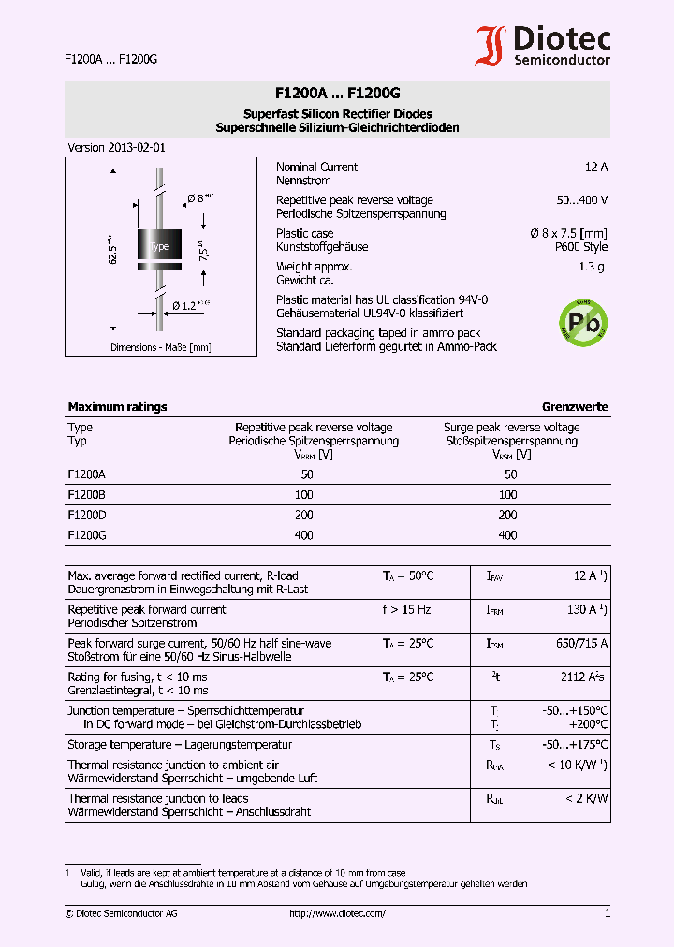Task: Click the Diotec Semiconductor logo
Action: [x=543, y=45]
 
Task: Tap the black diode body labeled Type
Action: [x=159, y=246]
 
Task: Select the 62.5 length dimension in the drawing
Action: [x=111, y=248]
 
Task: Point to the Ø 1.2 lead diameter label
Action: [x=191, y=305]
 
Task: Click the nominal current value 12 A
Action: [x=595, y=168]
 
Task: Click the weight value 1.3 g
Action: [x=592, y=267]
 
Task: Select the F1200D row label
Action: [x=86, y=516]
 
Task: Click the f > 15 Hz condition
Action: [x=406, y=610]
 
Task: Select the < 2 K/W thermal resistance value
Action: [x=586, y=799]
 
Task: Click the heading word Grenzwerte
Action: [x=575, y=407]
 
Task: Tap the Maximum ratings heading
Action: [x=117, y=407]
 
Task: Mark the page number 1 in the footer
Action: [x=608, y=913]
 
